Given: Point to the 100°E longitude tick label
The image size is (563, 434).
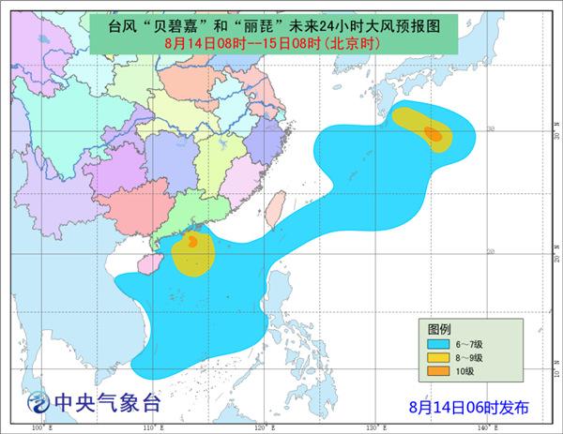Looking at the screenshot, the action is [x=39, y=428].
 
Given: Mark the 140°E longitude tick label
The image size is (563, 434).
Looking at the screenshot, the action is [x=482, y=428].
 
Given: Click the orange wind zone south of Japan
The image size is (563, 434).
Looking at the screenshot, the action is [x=433, y=134].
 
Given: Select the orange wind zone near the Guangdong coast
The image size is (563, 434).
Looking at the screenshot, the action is [x=191, y=242].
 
